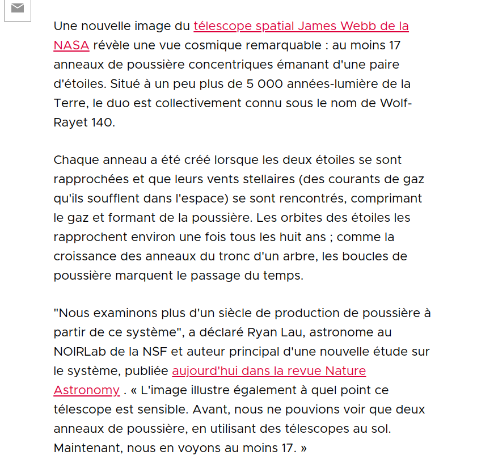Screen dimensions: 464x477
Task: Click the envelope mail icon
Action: point(18,8)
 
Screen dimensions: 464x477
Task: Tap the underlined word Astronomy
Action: point(87,390)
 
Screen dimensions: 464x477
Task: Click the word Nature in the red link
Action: point(345,371)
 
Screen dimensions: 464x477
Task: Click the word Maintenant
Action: point(88,448)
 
